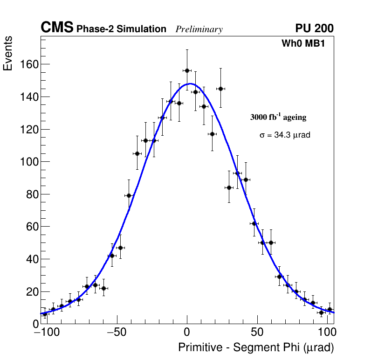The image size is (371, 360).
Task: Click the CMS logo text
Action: (x=57, y=28)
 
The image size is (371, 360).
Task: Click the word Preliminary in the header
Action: (x=199, y=29)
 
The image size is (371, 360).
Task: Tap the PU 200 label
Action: (x=314, y=28)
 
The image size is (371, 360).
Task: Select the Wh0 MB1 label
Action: (x=302, y=44)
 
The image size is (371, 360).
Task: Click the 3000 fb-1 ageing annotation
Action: (x=278, y=117)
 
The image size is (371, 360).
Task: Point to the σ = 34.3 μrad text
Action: (x=285, y=135)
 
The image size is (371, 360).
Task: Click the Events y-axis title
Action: (x=8, y=53)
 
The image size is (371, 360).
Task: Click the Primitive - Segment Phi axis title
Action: (x=256, y=347)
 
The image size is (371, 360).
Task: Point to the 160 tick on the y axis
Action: (x=28, y=64)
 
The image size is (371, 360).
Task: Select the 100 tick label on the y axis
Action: (x=28, y=162)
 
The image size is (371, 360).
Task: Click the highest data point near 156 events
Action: (x=187, y=70)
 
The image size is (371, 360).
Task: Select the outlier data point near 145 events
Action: (x=221, y=89)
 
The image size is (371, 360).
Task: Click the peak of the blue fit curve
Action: (x=190, y=84)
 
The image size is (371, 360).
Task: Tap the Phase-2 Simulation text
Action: (x=121, y=29)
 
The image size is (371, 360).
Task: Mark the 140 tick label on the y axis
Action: (x=28, y=97)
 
